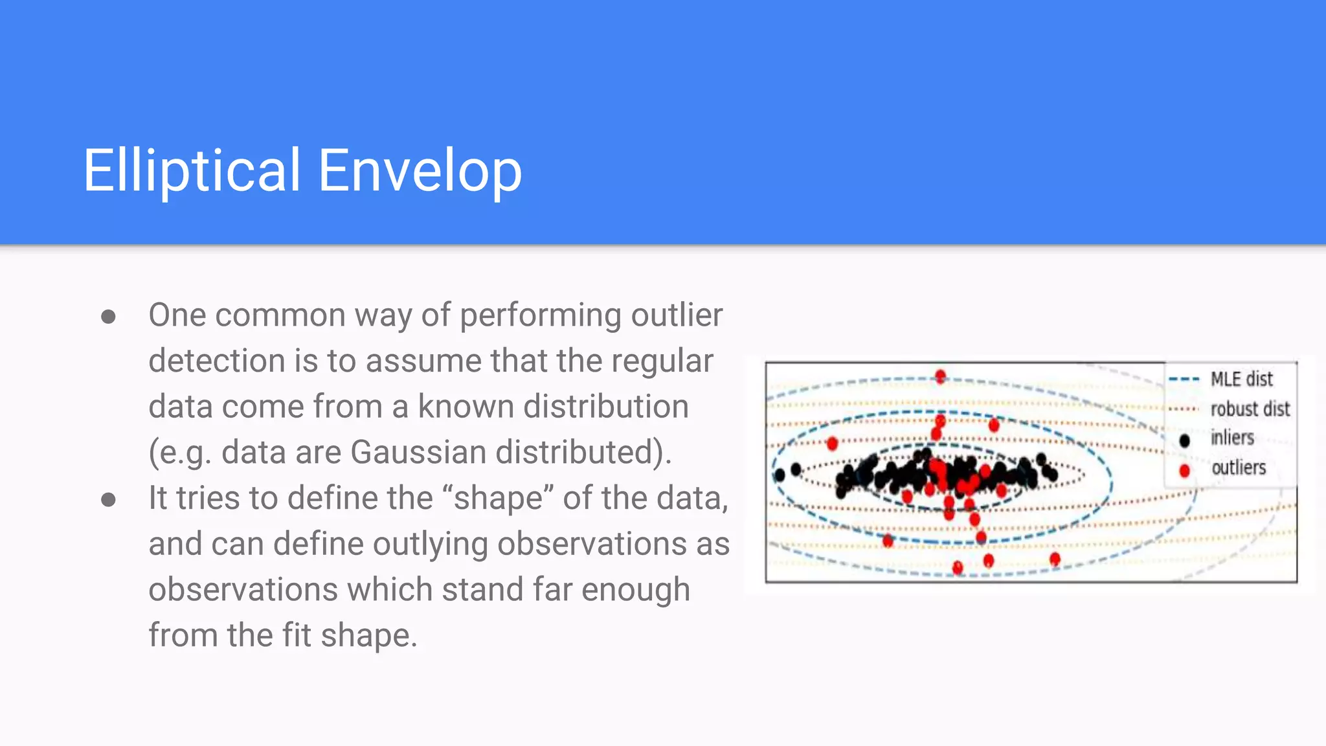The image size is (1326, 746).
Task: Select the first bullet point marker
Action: tap(109, 317)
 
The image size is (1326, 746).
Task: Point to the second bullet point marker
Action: tap(109, 499)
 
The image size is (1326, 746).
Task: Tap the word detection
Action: tap(216, 361)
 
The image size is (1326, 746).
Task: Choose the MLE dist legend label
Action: tap(1241, 379)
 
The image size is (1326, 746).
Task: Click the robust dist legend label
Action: tap(1250, 409)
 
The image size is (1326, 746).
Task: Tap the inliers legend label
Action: tap(1232, 438)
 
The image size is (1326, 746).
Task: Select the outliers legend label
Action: tap(1238, 468)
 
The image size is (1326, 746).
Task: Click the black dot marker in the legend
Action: tap(1184, 440)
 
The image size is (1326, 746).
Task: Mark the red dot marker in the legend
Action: tap(1184, 470)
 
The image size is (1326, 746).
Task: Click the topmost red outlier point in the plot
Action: tap(940, 376)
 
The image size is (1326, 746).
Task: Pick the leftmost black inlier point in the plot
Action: tap(780, 475)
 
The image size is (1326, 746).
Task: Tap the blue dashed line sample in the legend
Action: tap(1184, 379)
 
